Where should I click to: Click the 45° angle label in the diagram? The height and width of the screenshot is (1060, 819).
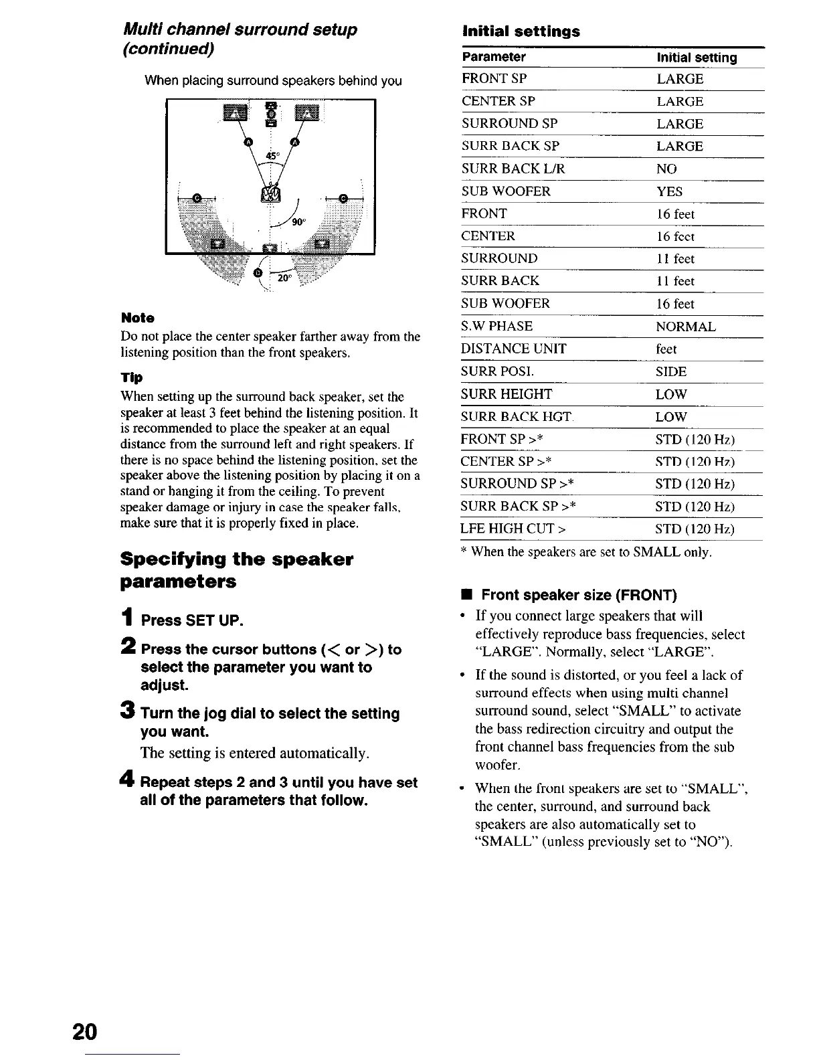pos(272,156)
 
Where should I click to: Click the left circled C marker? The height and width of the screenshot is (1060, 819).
pos(197,197)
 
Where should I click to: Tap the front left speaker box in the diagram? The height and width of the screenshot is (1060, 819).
pos(235,113)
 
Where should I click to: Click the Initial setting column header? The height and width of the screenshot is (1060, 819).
pos(697,58)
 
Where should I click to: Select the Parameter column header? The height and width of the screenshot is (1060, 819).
pos(494,57)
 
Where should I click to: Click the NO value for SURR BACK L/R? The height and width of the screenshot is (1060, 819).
pos(666,169)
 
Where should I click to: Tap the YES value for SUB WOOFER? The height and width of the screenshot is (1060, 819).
pos(669,191)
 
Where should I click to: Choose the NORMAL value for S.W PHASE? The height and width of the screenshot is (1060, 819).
pos(686,327)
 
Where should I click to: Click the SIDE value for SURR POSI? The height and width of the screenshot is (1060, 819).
pos(671,371)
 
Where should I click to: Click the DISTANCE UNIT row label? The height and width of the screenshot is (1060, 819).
pos(513,349)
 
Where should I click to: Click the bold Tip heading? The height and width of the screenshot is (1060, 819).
pos(131,377)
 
